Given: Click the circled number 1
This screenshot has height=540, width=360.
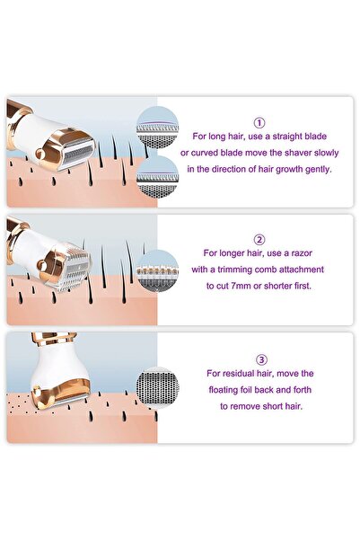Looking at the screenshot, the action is tap(259, 122).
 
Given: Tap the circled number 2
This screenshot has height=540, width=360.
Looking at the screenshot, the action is tap(259, 239).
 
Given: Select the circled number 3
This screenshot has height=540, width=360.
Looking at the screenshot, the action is tap(261, 360).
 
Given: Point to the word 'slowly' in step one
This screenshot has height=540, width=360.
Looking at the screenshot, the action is tap(326, 153).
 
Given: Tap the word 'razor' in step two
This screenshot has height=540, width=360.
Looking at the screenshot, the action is tap(302, 253).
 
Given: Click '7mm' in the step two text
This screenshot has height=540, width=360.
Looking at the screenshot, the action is tap(238, 286).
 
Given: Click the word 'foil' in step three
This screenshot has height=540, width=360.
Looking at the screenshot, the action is tap(242, 390).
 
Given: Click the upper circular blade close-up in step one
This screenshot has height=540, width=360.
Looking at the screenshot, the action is tap(157, 128).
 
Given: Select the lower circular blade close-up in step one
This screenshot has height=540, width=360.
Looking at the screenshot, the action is tap(157, 177).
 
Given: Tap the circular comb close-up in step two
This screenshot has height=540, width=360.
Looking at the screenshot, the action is tap(158, 271).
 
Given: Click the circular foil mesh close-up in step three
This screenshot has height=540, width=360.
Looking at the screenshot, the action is tap(157, 388).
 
